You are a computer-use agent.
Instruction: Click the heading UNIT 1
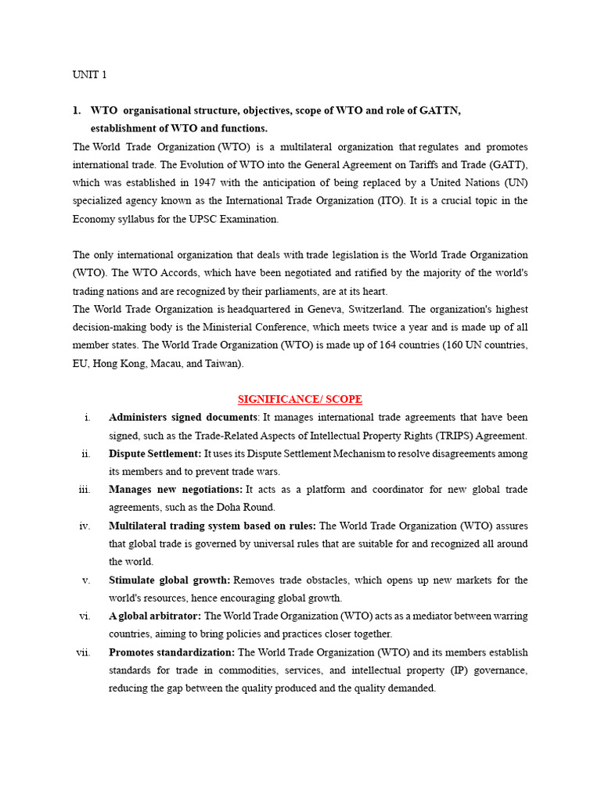89,75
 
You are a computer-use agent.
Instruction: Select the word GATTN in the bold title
439,111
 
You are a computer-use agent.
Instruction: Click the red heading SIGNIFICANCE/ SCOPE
300,399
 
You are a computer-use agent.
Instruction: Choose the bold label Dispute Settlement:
155,454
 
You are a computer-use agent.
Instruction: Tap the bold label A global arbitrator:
155,616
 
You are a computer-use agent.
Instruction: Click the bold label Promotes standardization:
171,652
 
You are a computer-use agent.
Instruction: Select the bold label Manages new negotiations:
175,490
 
